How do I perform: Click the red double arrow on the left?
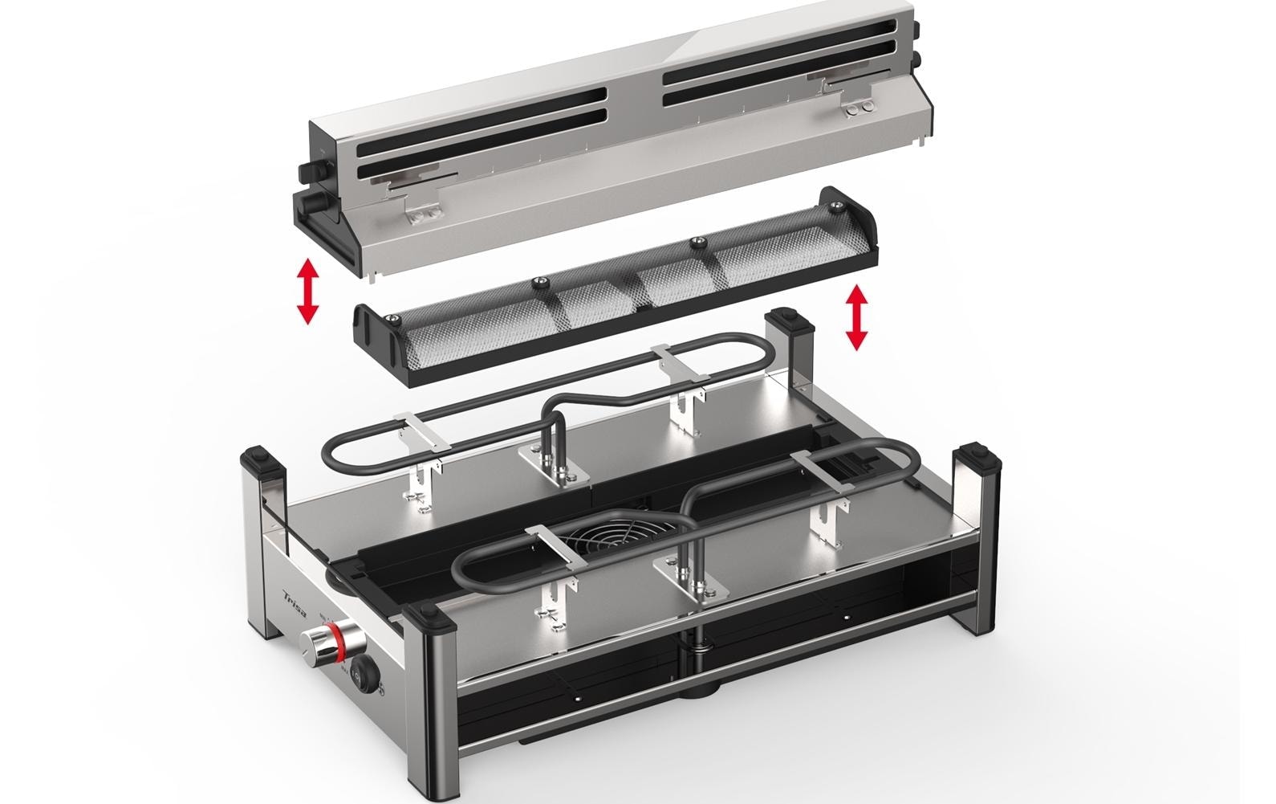pyautogui.click(x=307, y=291)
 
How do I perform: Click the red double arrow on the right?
pyautogui.click(x=857, y=317)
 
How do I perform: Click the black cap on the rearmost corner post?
pyautogui.click(x=790, y=322)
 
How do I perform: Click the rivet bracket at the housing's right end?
pyautogui.click(x=862, y=105)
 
